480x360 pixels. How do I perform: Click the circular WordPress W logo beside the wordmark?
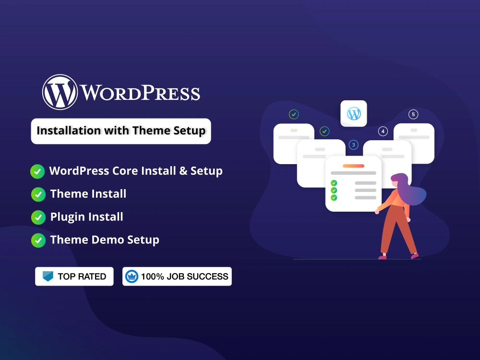point(60,92)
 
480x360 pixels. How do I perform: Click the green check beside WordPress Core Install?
point(37,171)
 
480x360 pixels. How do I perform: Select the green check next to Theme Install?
point(38,194)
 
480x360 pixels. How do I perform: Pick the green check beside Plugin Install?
point(38,217)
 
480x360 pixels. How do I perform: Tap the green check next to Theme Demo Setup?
point(38,240)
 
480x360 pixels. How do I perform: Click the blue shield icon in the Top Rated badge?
point(48,276)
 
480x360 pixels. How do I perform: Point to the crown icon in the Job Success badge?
point(132,276)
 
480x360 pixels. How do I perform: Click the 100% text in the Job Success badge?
point(152,276)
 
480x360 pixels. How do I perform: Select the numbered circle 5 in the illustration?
point(413,114)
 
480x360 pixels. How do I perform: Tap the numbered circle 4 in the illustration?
point(383,131)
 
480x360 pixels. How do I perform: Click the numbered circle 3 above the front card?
point(354,144)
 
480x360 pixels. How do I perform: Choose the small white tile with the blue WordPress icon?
point(354,114)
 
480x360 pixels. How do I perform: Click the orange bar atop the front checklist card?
point(353,166)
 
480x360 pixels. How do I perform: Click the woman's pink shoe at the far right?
point(415,256)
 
